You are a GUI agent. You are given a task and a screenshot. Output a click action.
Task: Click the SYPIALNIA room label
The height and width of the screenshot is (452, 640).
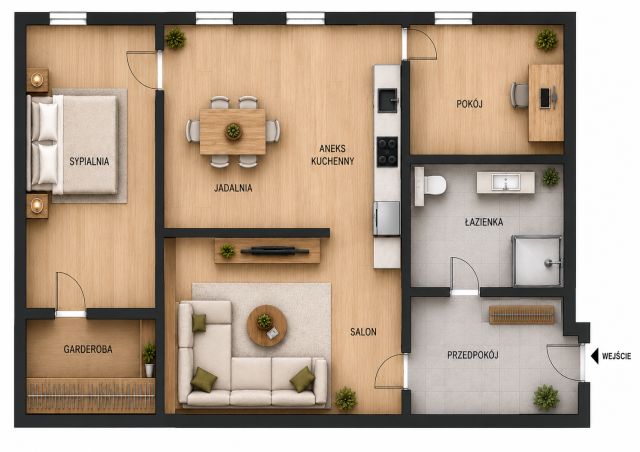(x=89, y=161)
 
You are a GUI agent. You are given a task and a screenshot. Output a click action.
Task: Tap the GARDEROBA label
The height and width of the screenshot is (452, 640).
(x=88, y=349)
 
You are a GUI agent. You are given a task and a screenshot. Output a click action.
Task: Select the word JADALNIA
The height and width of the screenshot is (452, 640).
(x=233, y=188)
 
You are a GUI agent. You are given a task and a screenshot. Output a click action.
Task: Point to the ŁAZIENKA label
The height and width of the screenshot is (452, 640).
(x=484, y=222)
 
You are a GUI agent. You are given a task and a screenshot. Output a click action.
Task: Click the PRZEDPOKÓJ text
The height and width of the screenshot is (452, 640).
(x=473, y=355)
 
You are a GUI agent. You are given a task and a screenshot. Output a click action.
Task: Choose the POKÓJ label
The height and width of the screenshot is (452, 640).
(x=469, y=104)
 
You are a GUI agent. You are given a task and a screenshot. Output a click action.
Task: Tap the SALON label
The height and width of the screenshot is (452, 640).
(x=363, y=332)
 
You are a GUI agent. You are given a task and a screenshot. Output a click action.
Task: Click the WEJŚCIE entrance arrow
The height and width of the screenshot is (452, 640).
(x=595, y=356)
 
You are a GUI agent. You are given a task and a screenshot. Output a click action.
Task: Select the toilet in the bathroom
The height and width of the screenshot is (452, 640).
(x=430, y=186)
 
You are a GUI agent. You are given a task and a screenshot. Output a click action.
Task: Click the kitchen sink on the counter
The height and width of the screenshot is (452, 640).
(x=387, y=100)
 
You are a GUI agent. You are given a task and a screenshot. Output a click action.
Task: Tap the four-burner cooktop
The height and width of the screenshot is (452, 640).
(x=387, y=152)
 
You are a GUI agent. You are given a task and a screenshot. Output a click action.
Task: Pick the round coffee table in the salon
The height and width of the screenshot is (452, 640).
(x=267, y=325)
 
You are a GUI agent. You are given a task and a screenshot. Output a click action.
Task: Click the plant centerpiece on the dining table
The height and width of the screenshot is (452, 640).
(x=233, y=131)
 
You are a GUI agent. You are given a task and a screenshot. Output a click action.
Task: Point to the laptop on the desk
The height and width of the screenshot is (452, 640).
(x=547, y=98)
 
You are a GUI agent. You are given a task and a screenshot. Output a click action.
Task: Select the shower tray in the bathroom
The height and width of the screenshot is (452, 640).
(x=537, y=260)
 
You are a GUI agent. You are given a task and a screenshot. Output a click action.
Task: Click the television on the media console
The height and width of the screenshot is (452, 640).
(x=275, y=251)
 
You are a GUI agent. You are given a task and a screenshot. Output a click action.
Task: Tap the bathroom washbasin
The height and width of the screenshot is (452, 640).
(x=506, y=182)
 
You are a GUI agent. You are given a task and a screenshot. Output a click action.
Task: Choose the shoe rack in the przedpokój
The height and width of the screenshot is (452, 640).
(x=522, y=314)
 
